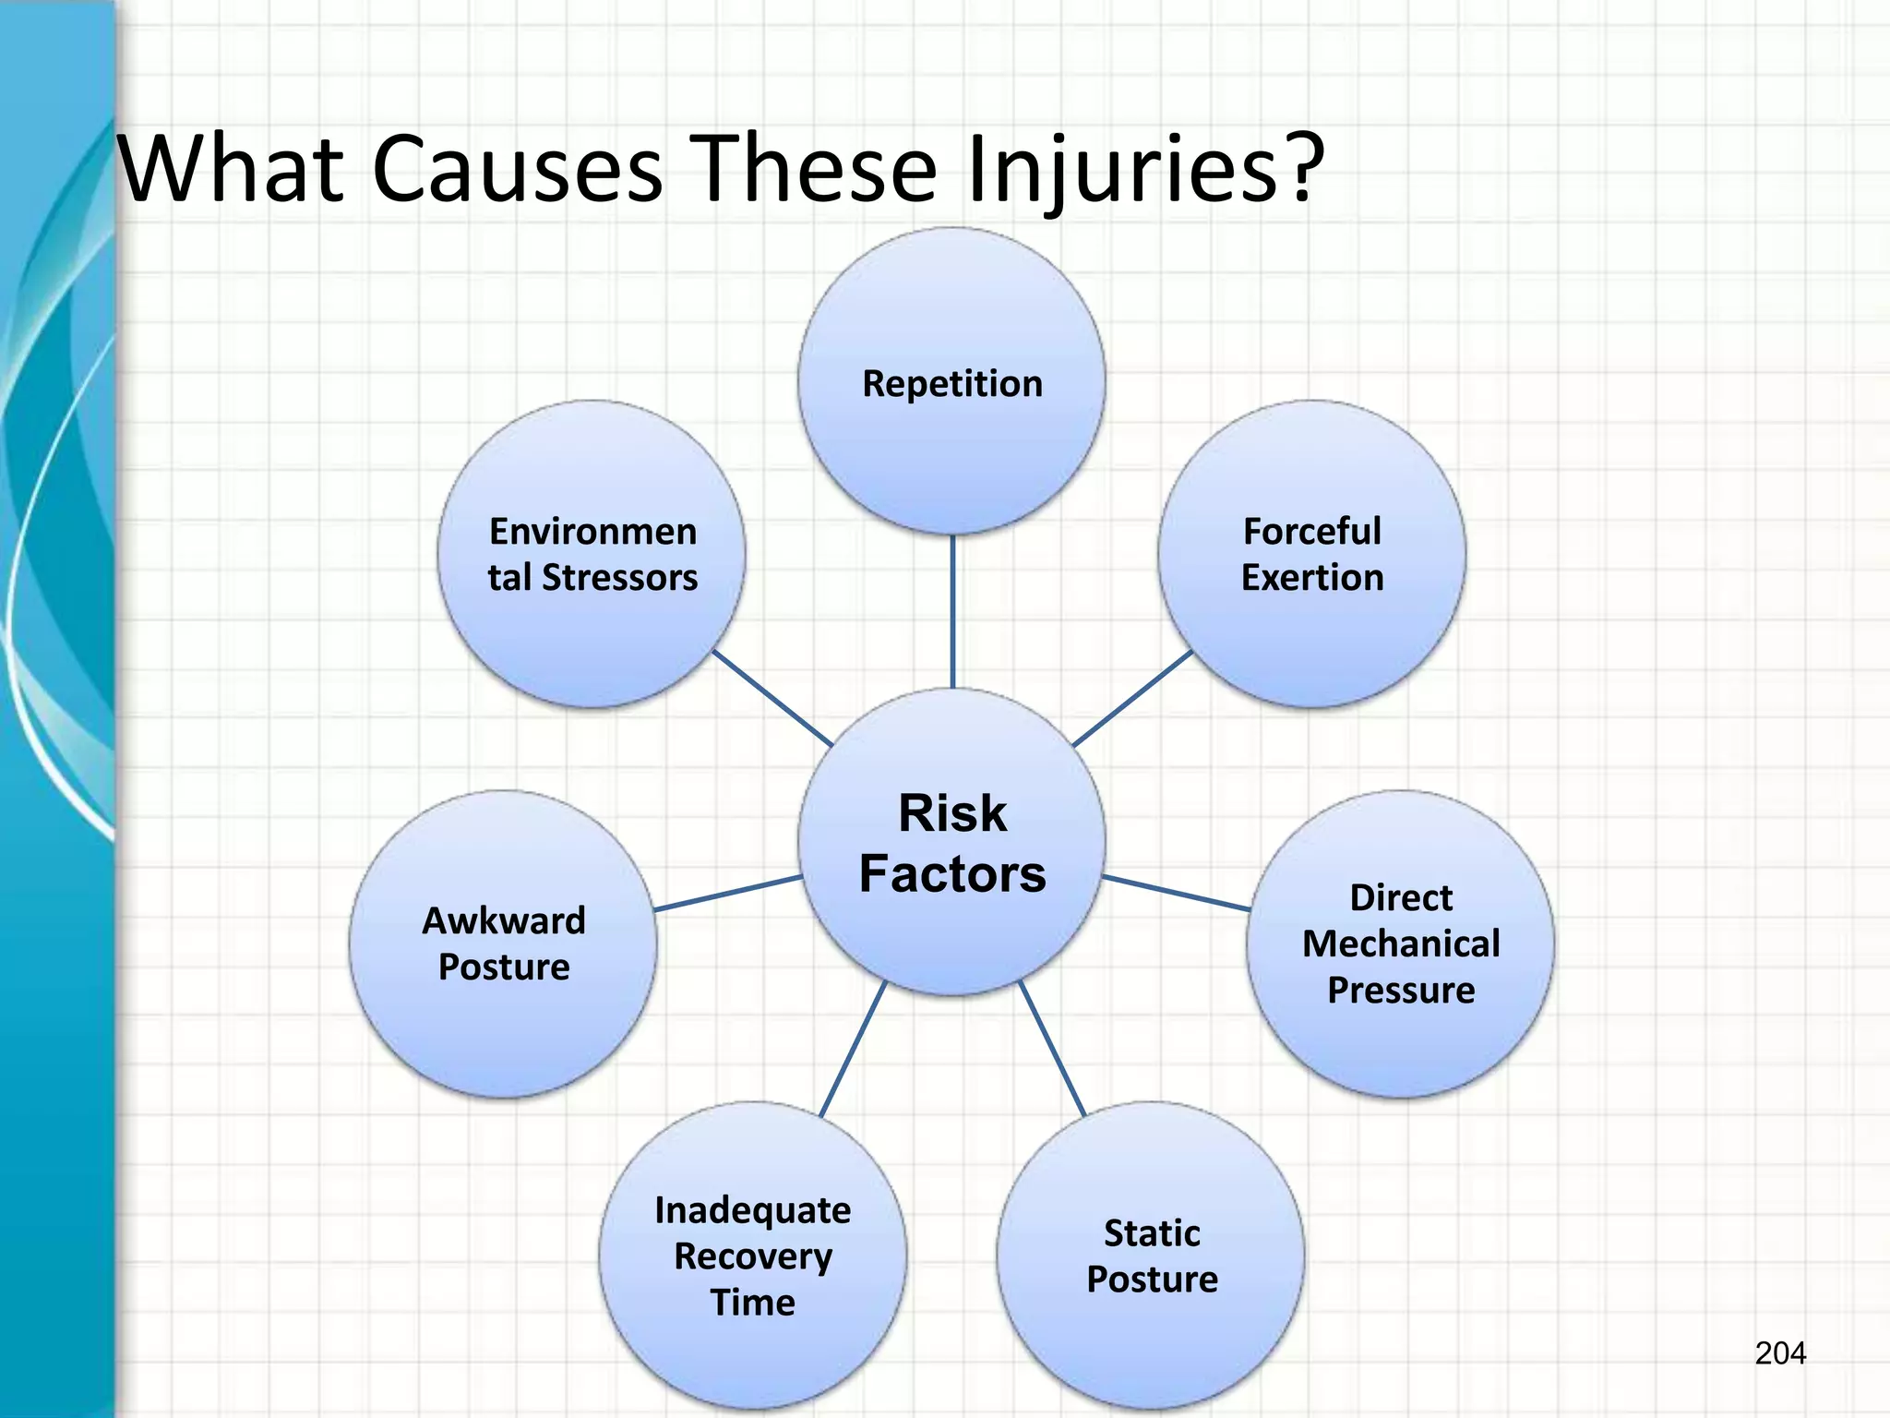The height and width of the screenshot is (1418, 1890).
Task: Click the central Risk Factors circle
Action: (x=951, y=842)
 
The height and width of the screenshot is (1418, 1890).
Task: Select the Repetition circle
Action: (x=951, y=382)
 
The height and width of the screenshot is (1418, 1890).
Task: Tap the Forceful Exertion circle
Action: (x=1311, y=554)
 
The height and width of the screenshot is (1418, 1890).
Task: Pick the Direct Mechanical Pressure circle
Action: (x=1400, y=943)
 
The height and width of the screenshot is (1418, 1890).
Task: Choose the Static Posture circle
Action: (x=1151, y=1256)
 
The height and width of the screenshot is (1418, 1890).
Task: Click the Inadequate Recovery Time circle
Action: (x=752, y=1256)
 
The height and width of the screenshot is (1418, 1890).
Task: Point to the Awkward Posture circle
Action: (x=503, y=943)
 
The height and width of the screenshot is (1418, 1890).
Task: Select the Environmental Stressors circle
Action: (x=592, y=554)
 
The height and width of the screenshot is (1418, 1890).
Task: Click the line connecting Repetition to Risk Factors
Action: (x=951, y=611)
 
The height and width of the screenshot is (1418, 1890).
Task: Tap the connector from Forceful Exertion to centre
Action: (x=1132, y=699)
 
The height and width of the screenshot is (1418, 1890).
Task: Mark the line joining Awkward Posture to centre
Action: (x=727, y=894)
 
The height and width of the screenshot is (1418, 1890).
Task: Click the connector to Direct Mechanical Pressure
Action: (x=1177, y=894)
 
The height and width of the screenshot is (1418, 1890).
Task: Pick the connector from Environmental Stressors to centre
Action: (x=772, y=699)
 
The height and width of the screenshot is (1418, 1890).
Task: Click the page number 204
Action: (x=1780, y=1353)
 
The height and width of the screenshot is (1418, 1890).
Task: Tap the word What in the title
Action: (x=232, y=169)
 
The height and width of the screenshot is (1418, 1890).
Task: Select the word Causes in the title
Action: (x=518, y=169)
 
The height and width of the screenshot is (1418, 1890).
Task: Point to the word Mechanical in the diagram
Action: (x=1400, y=943)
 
